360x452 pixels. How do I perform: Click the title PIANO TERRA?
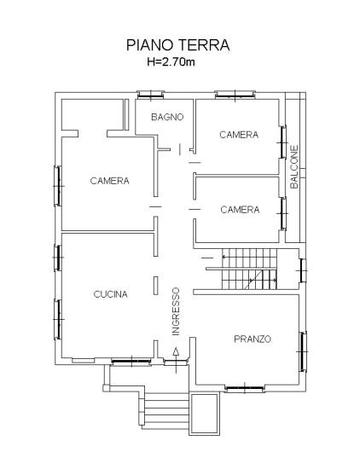(178, 45)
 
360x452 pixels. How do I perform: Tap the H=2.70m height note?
(171, 61)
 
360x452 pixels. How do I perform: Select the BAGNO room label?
(167, 117)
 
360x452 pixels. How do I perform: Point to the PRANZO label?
(253, 339)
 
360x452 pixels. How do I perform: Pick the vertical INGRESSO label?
(176, 311)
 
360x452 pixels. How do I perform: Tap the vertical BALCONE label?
(294, 167)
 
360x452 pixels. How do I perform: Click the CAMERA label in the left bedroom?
(109, 181)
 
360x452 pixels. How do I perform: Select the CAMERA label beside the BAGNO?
(239, 135)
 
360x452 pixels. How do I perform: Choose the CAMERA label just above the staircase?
(240, 210)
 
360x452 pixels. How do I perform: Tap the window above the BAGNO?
(150, 95)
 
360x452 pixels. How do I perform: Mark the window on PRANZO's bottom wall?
(245, 389)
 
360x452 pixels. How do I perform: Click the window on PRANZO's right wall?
(303, 351)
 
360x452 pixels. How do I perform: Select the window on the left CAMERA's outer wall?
(58, 186)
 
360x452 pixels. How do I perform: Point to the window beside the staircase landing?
(303, 270)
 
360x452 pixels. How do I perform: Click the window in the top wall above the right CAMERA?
(235, 95)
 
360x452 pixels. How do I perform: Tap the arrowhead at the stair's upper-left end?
(224, 256)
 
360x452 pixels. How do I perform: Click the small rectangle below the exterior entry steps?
(204, 414)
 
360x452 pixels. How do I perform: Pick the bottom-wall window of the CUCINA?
(131, 362)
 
